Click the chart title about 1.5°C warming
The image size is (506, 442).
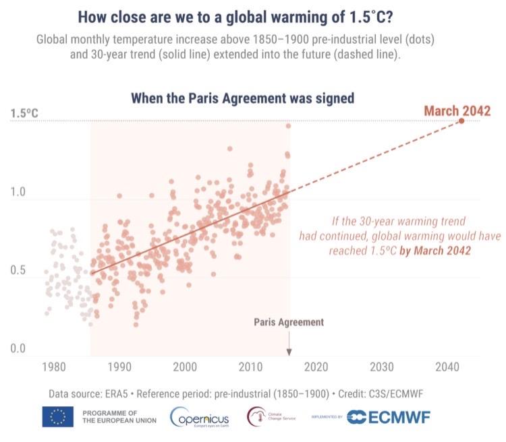[x=252, y=17]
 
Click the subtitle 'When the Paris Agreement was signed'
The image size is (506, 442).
[x=243, y=98]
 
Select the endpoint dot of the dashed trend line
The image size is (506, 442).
[x=461, y=121]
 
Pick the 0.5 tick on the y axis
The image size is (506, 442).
[x=18, y=271]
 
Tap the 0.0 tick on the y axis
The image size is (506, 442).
[x=18, y=349]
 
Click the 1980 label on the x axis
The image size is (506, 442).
[x=53, y=367]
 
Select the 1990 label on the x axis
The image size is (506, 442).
[x=119, y=367]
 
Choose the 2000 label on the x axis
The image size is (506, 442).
[x=185, y=367]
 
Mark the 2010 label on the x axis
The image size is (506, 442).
[x=251, y=367]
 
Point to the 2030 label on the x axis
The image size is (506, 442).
[x=382, y=367]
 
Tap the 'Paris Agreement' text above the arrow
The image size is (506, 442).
[x=289, y=322]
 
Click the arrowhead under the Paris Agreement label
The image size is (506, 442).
[x=289, y=352]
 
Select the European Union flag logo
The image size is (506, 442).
[x=57, y=416]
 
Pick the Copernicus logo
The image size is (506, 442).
[x=200, y=417]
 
